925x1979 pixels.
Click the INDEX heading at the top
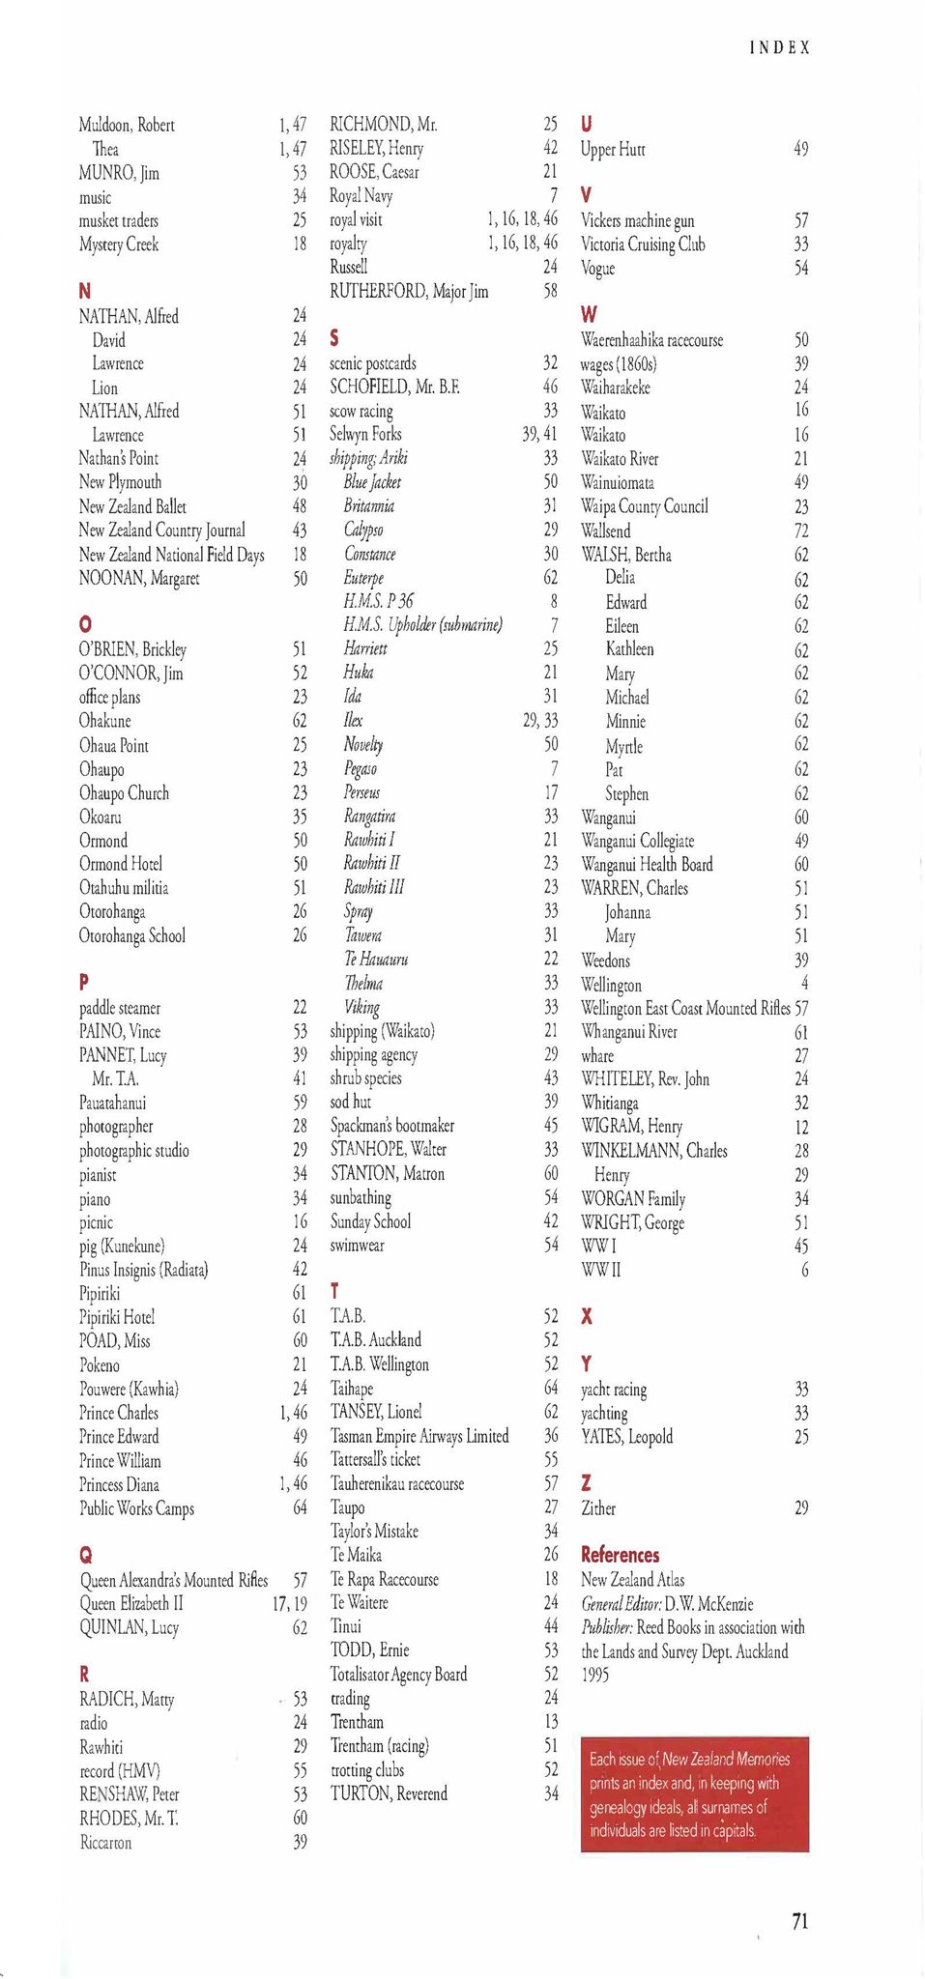(x=779, y=46)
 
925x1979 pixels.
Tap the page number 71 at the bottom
(x=799, y=1921)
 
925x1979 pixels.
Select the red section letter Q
(x=86, y=1555)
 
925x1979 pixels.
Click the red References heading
(x=620, y=1555)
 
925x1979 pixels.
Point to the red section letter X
(x=586, y=1316)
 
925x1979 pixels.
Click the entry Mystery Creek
(x=118, y=244)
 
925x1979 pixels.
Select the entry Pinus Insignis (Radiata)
(x=144, y=1270)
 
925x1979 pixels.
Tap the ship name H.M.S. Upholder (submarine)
(x=422, y=624)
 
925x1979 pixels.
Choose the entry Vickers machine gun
(x=637, y=220)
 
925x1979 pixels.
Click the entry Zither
(x=598, y=1507)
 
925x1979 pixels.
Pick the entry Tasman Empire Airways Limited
(x=419, y=1436)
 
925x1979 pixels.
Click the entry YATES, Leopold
(x=626, y=1436)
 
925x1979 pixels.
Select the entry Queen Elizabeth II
(x=131, y=1603)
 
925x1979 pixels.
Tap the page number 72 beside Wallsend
(x=800, y=531)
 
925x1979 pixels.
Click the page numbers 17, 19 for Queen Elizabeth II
(x=289, y=1603)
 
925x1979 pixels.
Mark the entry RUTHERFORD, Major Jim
(x=409, y=291)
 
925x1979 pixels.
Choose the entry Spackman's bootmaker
(x=391, y=1125)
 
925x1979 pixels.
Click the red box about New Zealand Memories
(x=694, y=1793)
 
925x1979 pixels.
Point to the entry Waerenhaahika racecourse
(x=651, y=340)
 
